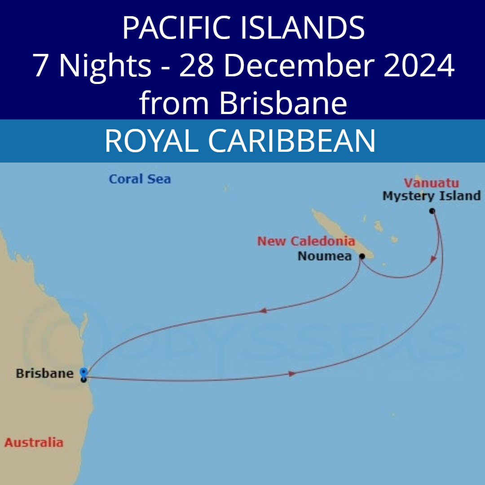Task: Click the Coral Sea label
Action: click(140, 179)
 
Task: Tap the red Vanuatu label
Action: click(431, 183)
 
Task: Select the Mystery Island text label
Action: click(432, 196)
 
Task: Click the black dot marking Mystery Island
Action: click(432, 211)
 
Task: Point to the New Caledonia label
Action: click(306, 241)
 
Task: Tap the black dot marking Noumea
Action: click(362, 256)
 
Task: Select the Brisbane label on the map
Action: click(44, 373)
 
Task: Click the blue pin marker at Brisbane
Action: click(84, 372)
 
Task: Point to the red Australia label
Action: click(34, 442)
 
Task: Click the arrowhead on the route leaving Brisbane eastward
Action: click(292, 373)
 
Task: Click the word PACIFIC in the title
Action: click(175, 28)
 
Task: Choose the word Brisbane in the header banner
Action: click(283, 103)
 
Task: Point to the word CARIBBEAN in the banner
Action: click(291, 141)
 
